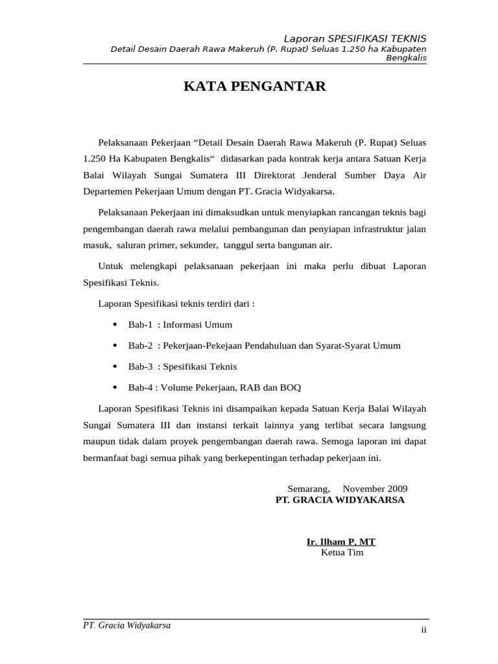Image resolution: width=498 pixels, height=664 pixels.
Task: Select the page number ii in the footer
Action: pyautogui.click(x=423, y=630)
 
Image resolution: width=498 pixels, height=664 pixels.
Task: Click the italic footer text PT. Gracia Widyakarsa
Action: pyautogui.click(x=127, y=626)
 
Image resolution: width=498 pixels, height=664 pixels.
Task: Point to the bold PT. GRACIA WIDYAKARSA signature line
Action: pyautogui.click(x=340, y=500)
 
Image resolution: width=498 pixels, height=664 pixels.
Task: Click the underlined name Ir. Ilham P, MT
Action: pyautogui.click(x=341, y=541)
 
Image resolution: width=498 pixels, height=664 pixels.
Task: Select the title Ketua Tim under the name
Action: pyautogui.click(x=342, y=552)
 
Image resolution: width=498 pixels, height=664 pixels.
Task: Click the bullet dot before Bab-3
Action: pyautogui.click(x=115, y=366)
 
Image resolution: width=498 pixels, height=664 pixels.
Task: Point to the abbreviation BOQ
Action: pyautogui.click(x=290, y=387)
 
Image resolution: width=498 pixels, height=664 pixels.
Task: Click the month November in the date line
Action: pyautogui.click(x=364, y=488)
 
